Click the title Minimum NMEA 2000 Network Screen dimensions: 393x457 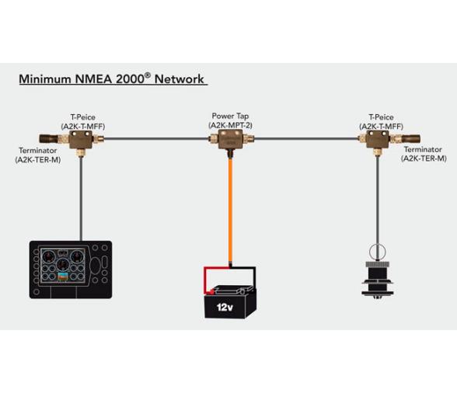point(112,79)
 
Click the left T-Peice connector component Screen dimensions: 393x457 point(79,141)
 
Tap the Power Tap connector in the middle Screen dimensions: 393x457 point(229,141)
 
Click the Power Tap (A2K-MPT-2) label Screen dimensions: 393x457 point(230,120)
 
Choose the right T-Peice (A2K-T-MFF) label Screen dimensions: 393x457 point(380,121)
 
